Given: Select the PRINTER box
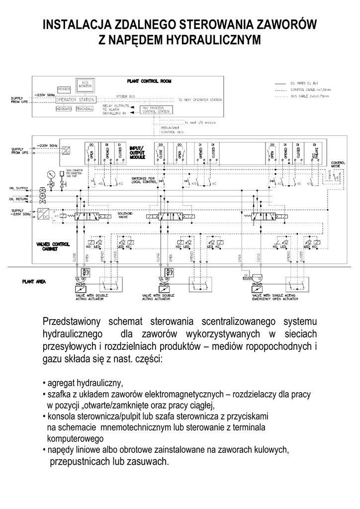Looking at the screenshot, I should point(64,89).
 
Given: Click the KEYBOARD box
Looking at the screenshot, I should point(64,108).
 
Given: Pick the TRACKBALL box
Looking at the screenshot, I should point(85,108).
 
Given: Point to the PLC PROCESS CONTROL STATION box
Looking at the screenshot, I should point(153,110).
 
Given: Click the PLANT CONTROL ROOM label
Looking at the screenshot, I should point(149,81).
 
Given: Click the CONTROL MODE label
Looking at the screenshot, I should point(338,165).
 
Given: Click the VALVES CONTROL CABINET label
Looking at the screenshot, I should point(53,246).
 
